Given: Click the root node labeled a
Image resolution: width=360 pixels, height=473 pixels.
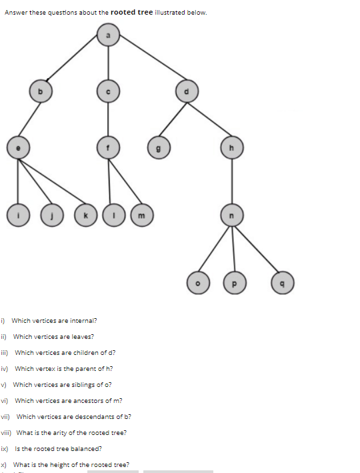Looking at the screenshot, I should (x=109, y=34).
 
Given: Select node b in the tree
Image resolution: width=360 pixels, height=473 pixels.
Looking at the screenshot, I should (x=40, y=91).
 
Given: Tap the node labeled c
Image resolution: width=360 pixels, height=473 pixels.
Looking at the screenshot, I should (x=108, y=91).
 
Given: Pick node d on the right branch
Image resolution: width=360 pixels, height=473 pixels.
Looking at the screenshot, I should (x=187, y=91).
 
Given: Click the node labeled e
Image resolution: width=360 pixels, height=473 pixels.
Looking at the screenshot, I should (x=17, y=147).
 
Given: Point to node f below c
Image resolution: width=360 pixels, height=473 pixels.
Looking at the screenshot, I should (x=108, y=147).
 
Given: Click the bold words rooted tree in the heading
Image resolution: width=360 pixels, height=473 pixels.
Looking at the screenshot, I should (x=131, y=12).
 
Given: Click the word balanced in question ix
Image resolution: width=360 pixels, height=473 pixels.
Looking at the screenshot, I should (x=89, y=448).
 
